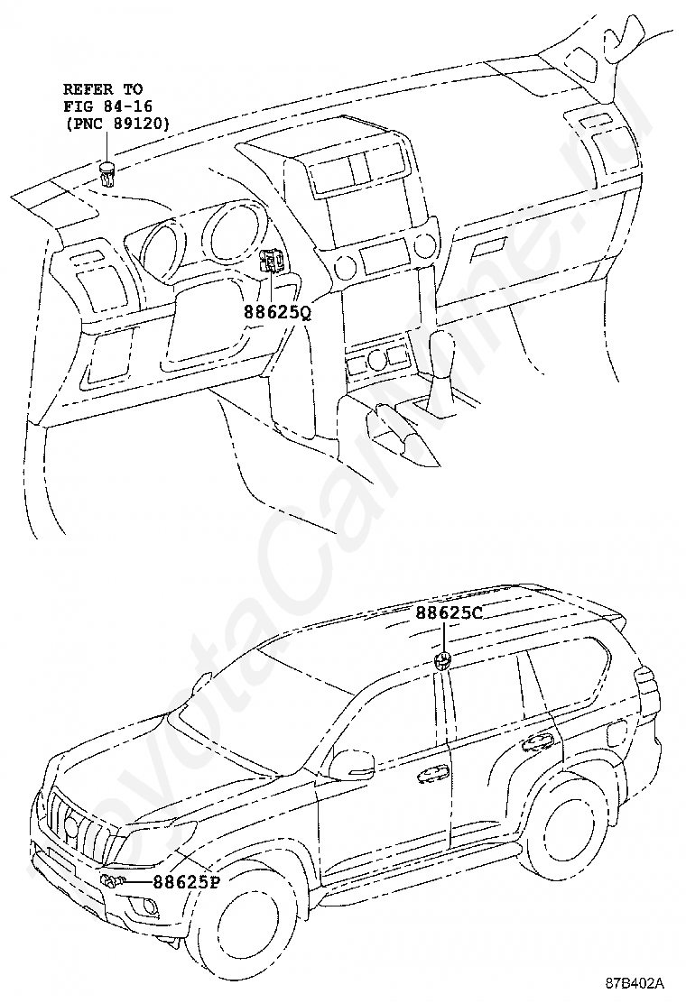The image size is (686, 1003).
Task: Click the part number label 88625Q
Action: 276,313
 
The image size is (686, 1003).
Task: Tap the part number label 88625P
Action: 185,882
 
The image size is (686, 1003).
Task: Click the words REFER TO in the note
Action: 102,89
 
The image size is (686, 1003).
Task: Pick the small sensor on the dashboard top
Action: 108,170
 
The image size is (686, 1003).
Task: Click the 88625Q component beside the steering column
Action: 271,262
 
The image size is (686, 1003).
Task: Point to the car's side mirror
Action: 353,764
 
